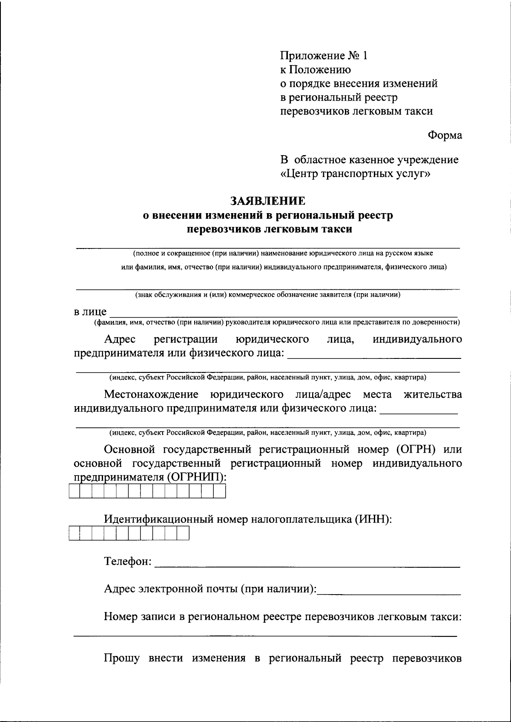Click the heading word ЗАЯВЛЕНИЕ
[268, 200]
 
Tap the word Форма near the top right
[445, 136]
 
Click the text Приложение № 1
[323, 56]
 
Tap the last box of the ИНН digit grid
[183, 534]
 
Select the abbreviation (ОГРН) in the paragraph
[412, 450]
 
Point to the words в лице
[90, 312]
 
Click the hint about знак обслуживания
[268, 295]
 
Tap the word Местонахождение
[152, 394]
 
